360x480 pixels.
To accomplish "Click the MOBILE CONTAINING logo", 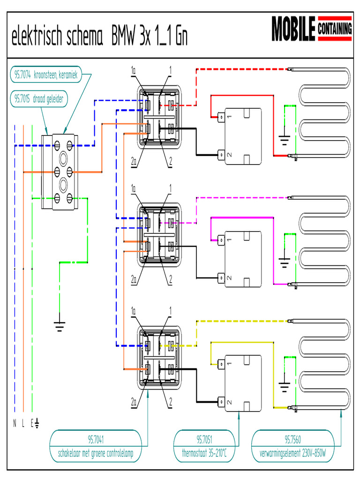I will pos(312,30).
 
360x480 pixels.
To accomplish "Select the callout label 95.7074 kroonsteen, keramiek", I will pos(46,74).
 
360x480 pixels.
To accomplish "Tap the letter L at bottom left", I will pos(23,424).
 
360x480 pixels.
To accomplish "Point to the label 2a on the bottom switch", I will pos(134,402).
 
